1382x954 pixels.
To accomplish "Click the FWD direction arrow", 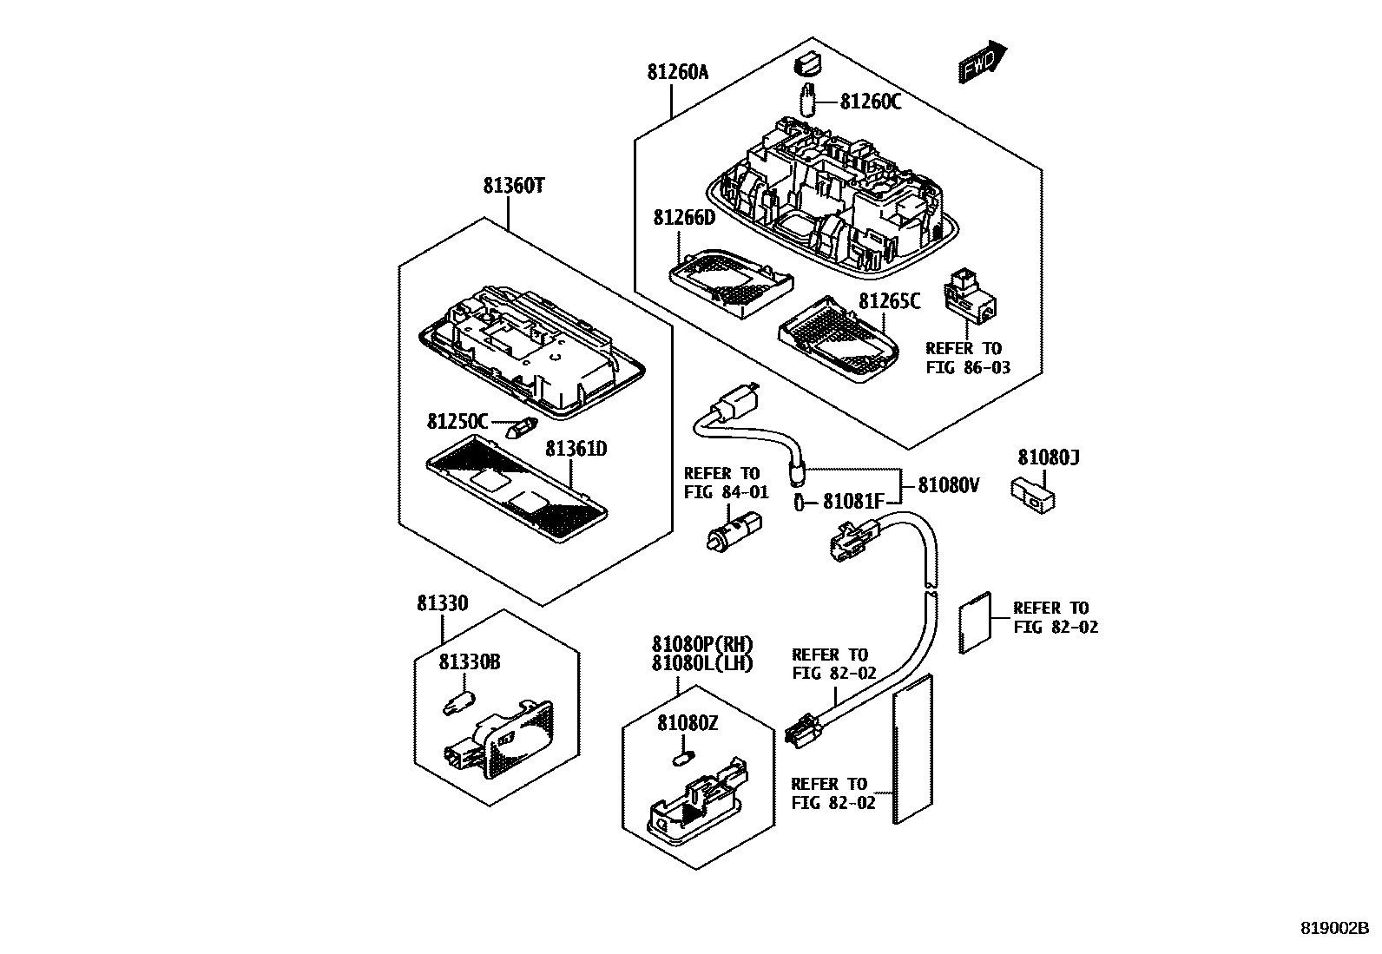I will (x=983, y=63).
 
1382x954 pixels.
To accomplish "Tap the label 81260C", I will (x=870, y=102).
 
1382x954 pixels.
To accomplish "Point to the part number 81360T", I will (x=513, y=186).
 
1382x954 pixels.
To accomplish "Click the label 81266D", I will (x=684, y=217).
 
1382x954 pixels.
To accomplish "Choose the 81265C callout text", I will (x=889, y=301).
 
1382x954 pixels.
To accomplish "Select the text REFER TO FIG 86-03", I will (x=963, y=358).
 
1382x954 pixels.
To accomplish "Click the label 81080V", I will (x=949, y=485).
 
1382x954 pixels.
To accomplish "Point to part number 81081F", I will (x=852, y=502).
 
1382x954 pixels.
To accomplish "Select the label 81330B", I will (x=469, y=662).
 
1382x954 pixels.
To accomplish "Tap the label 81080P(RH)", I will (x=702, y=645).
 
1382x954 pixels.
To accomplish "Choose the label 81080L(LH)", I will (x=702, y=664).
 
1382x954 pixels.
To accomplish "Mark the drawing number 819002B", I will (x=1333, y=927).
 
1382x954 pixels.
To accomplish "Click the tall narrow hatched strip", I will (x=911, y=747).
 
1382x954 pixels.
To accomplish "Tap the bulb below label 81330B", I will (x=457, y=701).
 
